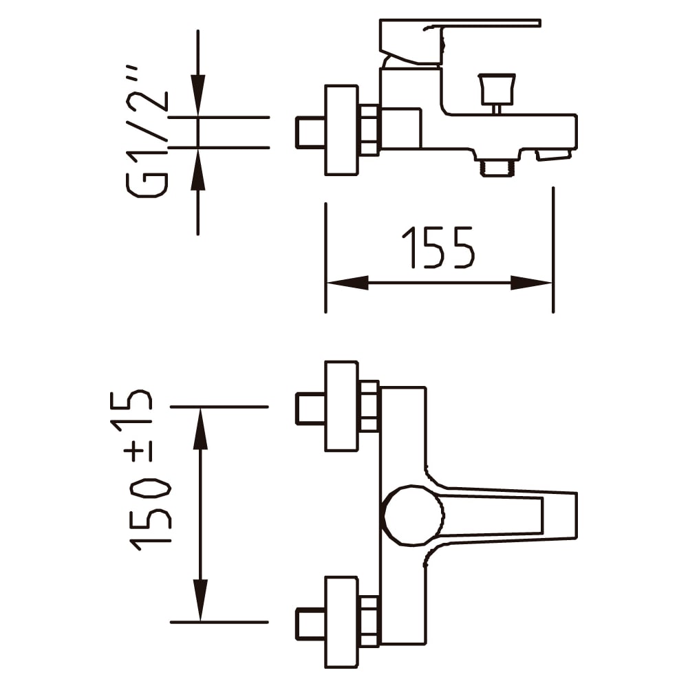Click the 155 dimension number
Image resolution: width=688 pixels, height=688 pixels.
point(438,247)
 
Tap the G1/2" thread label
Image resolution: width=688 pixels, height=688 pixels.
point(147,131)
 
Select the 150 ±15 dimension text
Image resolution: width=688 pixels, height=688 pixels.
point(140,470)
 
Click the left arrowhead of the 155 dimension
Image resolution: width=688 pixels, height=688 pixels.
point(347,283)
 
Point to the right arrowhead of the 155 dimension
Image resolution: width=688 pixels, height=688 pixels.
point(531,283)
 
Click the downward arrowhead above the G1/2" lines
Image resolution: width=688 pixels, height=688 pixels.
point(198,95)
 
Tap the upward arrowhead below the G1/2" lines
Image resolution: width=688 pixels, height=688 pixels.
point(198,170)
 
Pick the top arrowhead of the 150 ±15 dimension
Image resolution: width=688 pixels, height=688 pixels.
point(200,429)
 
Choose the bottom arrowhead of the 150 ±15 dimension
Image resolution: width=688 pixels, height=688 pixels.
point(200,600)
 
